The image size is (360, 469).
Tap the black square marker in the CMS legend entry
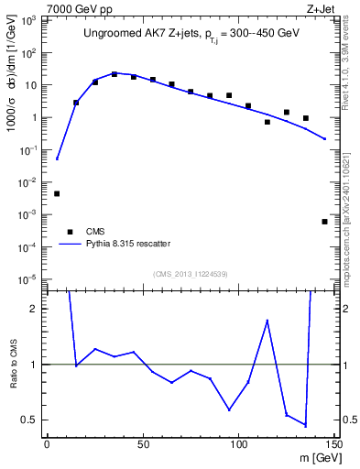tap(69, 232)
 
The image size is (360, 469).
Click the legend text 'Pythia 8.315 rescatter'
tap(127, 244)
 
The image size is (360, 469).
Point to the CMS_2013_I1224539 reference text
tap(190, 273)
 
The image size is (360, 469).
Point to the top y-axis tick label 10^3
tap(29, 19)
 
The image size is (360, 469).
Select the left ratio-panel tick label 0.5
tap(31, 420)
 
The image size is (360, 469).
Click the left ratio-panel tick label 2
tap(35, 309)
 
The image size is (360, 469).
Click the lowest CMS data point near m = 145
tap(325, 222)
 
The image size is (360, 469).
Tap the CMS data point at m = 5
tap(57, 193)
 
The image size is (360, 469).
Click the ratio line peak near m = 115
tap(267, 320)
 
